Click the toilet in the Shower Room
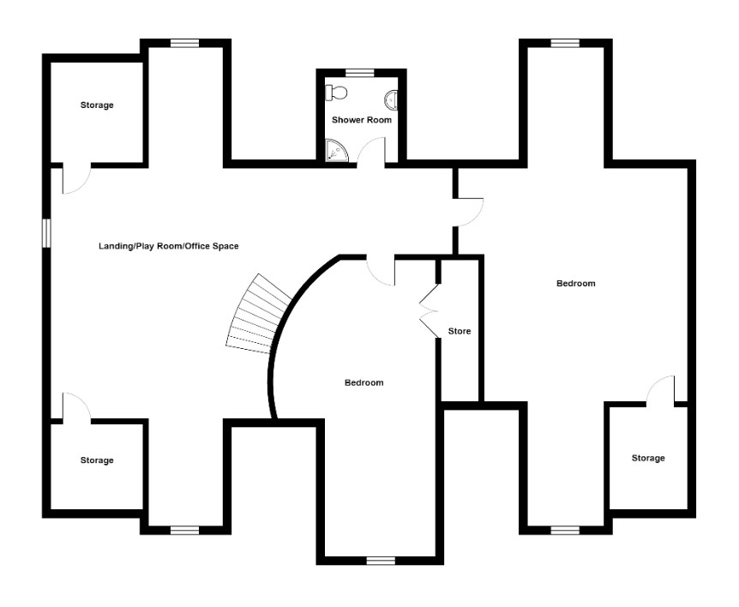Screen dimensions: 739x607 [x=336, y=93]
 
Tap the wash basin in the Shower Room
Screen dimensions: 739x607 [x=392, y=99]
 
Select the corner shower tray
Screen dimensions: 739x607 [x=337, y=150]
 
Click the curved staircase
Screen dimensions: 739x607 [x=258, y=314]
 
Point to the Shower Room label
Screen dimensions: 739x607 [x=362, y=120]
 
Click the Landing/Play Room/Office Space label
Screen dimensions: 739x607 [x=168, y=246]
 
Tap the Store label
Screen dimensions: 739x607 [x=460, y=331]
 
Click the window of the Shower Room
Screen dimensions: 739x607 [x=359, y=73]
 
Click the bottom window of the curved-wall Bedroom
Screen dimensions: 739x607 [x=381, y=561]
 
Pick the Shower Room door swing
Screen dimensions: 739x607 [x=371, y=152]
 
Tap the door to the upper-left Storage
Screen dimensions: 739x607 [x=76, y=178]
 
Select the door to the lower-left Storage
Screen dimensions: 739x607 [x=76, y=406]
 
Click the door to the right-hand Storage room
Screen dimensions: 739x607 [x=661, y=391]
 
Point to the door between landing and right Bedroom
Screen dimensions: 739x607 [x=469, y=213]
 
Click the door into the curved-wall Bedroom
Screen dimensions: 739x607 [x=381, y=271]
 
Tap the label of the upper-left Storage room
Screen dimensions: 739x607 [x=97, y=105]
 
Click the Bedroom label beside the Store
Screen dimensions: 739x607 [x=576, y=283]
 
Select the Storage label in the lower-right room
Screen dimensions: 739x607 [x=648, y=458]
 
